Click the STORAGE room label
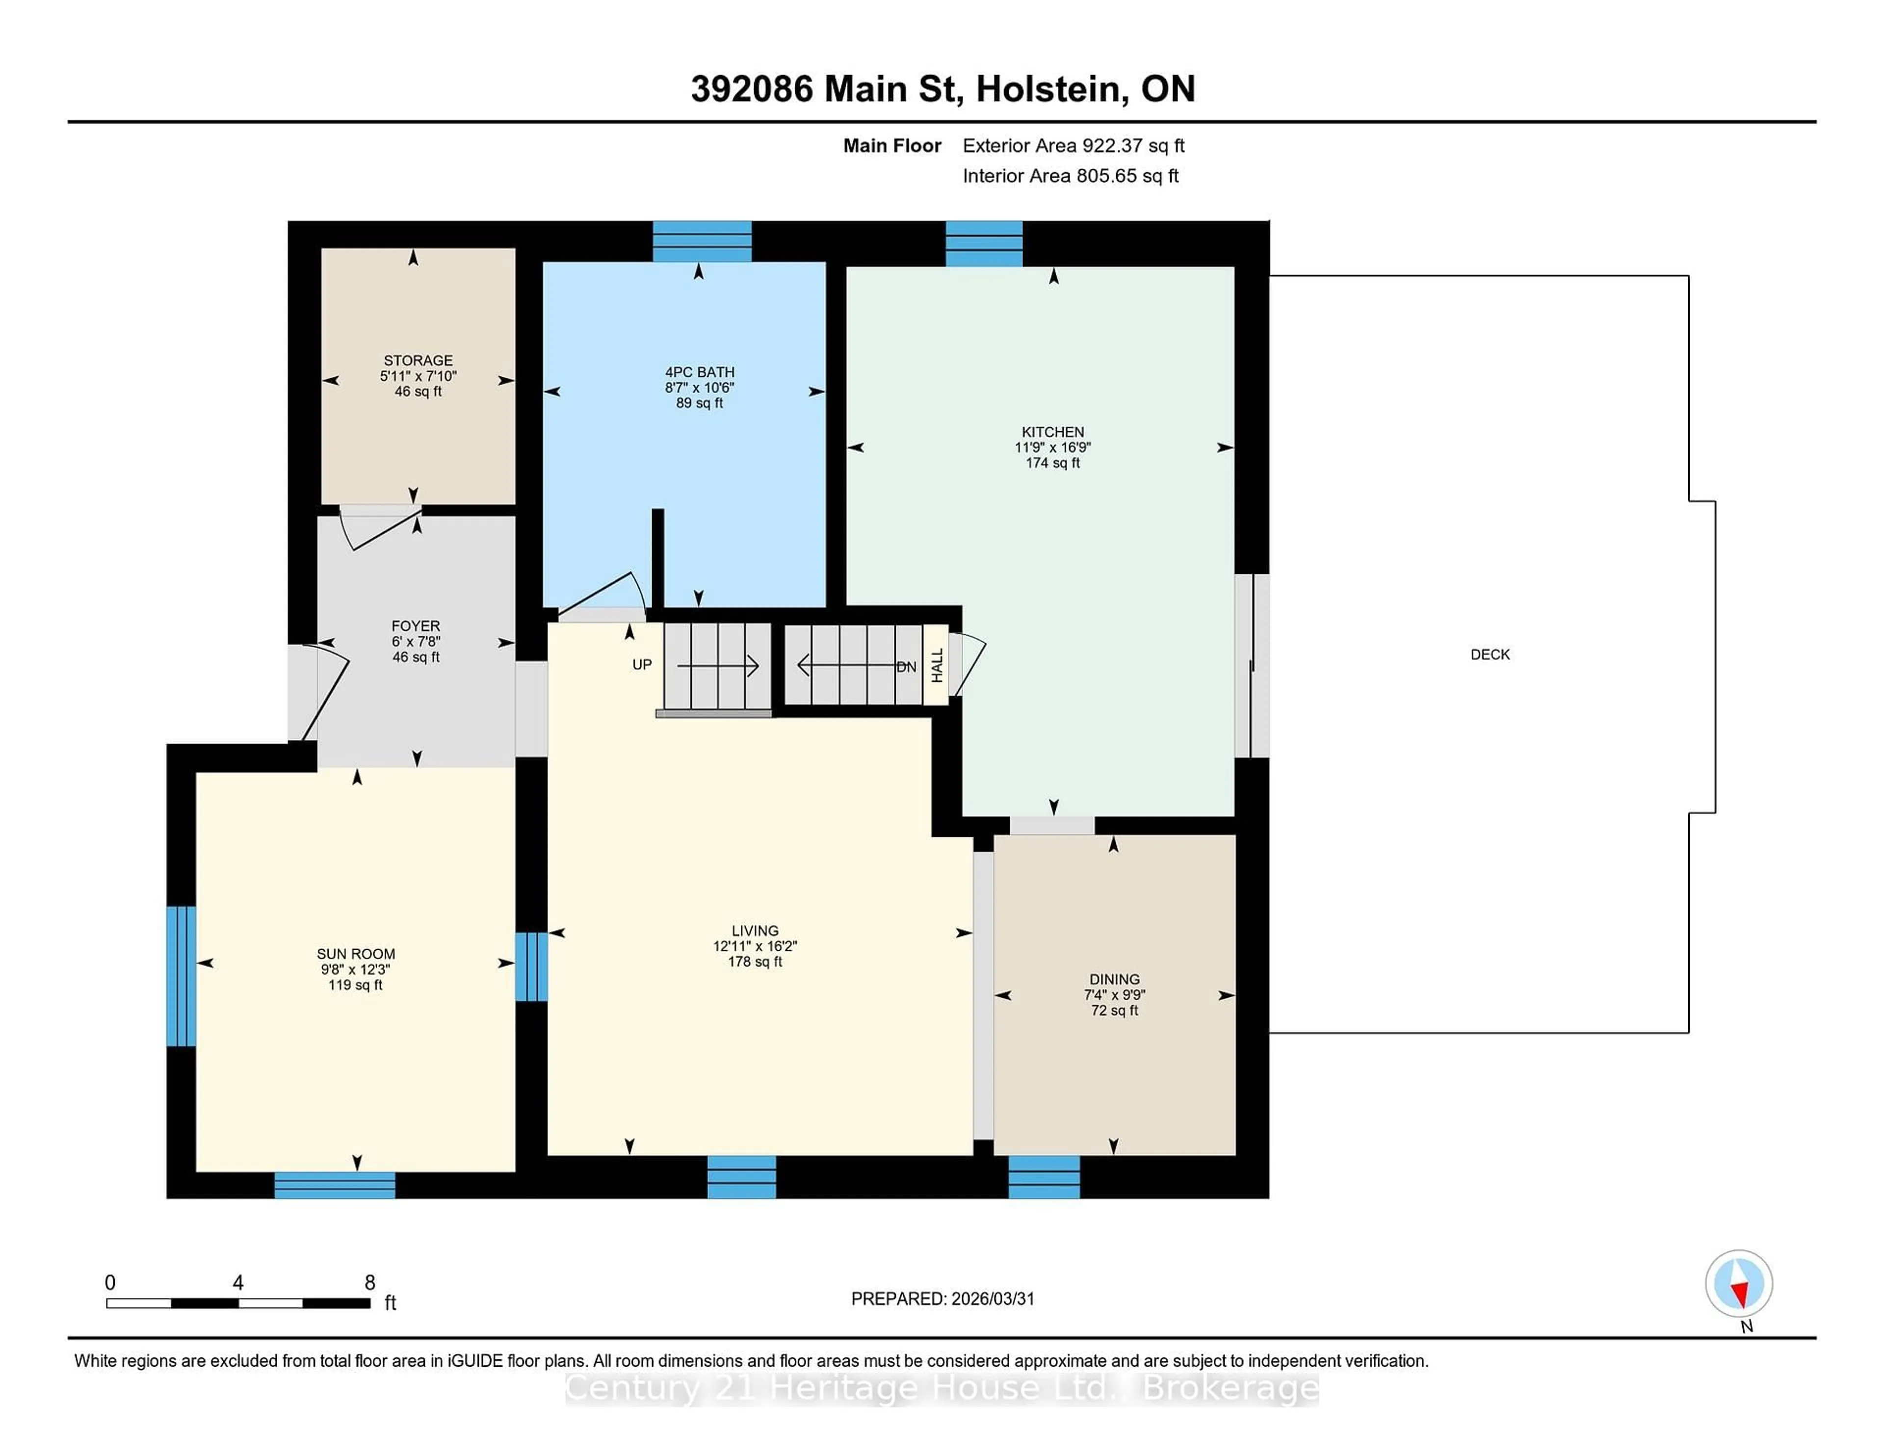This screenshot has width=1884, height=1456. coord(418,361)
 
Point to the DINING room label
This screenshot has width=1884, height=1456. coord(1114,979)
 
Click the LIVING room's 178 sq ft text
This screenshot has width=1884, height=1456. coord(755,962)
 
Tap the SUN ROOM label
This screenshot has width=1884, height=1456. coord(355,954)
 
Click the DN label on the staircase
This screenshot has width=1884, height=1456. coord(906,667)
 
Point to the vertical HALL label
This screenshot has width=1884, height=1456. coord(937,665)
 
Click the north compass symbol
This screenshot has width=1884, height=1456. coord(1738,1283)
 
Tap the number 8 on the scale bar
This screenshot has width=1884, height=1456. coord(369,1283)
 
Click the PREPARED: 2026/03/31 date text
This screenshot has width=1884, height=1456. coord(942,1299)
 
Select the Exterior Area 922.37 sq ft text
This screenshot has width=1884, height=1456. coord(1073,146)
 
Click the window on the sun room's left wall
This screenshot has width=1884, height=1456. coord(181,976)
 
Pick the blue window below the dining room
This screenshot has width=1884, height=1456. coord(1044,1176)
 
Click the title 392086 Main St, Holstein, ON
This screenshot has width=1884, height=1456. coord(942,89)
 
